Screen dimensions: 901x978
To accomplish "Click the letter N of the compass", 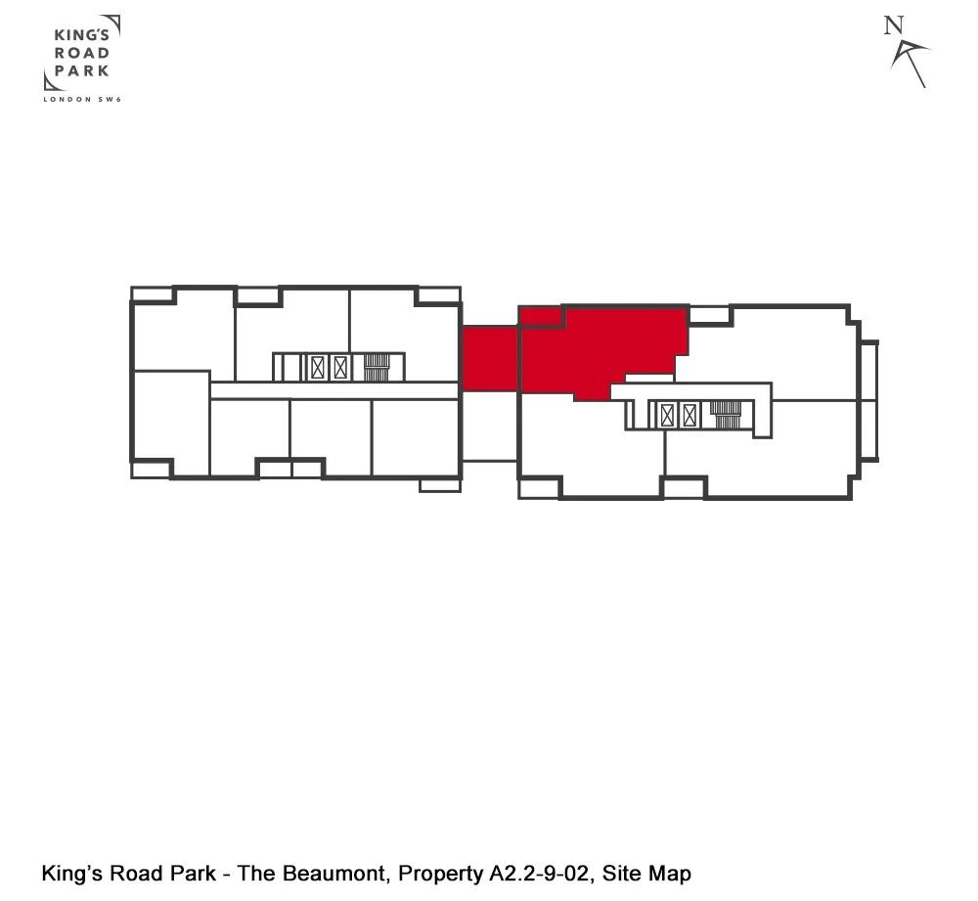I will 891,25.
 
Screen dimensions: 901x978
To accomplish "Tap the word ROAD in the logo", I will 82,54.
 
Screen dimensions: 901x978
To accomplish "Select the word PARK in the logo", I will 82,70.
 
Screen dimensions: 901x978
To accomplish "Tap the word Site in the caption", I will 622,874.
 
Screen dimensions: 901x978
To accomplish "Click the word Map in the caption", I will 670,874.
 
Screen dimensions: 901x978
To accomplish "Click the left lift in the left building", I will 318,368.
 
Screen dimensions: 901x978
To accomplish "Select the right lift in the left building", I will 340,368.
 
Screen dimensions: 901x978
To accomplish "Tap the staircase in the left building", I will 378,367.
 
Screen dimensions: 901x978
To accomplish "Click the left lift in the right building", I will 668,415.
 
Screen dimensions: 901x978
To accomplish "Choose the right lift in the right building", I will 690,415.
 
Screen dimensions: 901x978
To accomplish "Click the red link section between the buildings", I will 489,359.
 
